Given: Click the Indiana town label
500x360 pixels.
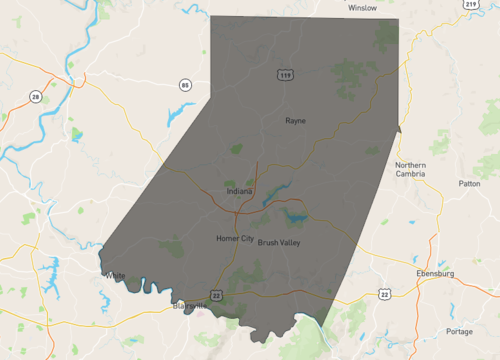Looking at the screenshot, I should [239, 190].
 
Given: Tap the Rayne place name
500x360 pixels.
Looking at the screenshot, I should [295, 120].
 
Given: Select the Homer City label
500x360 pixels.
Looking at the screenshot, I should [235, 239].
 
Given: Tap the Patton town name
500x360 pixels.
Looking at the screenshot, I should [469, 184].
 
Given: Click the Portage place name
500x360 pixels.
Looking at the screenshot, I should [460, 331].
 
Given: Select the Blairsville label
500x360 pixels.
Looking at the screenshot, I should [190, 307].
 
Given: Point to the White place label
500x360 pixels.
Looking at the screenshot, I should [116, 275].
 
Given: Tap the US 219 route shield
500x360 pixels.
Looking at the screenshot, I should [470, 6].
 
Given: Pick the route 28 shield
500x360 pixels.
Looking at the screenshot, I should [35, 96].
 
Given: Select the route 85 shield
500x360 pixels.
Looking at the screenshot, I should [185, 85].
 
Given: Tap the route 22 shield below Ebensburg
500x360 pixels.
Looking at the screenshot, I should [384, 294].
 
